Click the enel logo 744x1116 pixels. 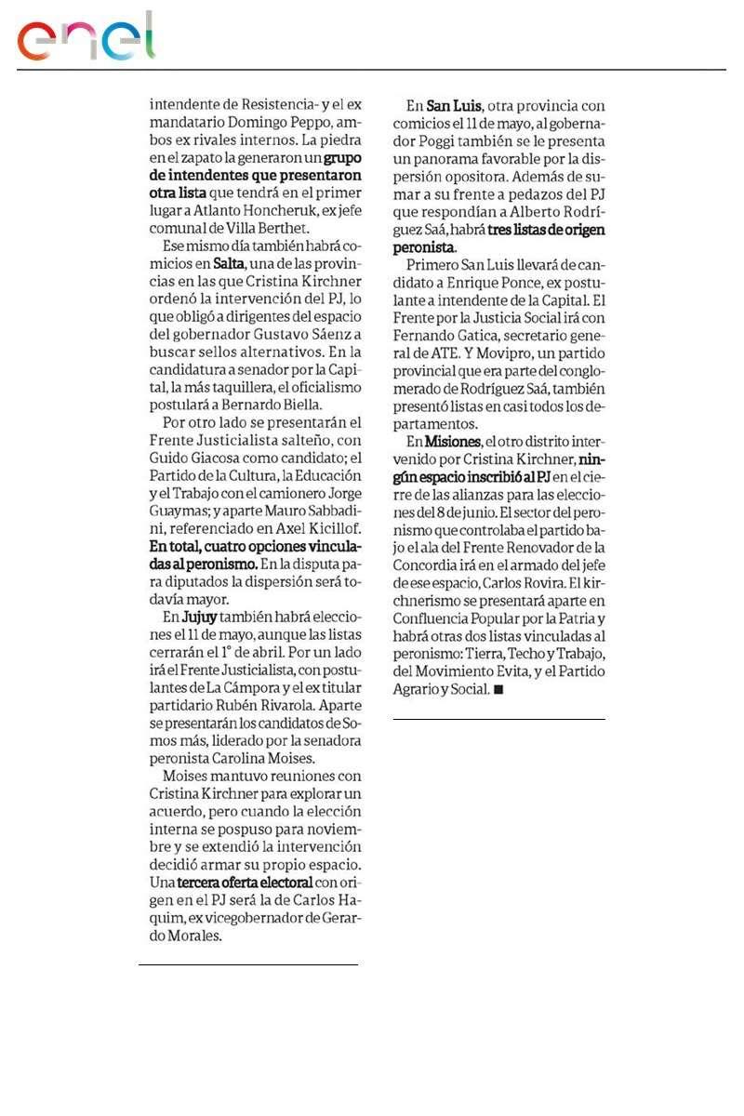[86, 39]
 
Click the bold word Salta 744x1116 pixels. [229, 265]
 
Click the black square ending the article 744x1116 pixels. [498, 690]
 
